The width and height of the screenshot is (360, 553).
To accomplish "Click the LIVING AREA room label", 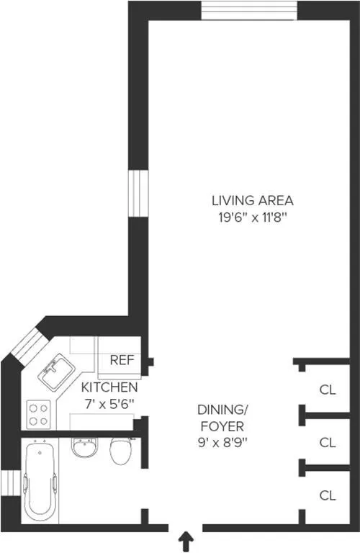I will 252,199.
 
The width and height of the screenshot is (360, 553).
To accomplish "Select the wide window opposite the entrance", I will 248,12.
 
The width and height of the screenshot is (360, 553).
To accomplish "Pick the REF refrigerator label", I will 119,359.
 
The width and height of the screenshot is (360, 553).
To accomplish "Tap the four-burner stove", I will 38,414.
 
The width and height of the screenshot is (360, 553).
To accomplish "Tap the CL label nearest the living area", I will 328,390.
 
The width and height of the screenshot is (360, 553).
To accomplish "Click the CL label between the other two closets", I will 328,442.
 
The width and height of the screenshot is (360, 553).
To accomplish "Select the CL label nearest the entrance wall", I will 328,495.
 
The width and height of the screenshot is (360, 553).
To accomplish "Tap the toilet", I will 120,451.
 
